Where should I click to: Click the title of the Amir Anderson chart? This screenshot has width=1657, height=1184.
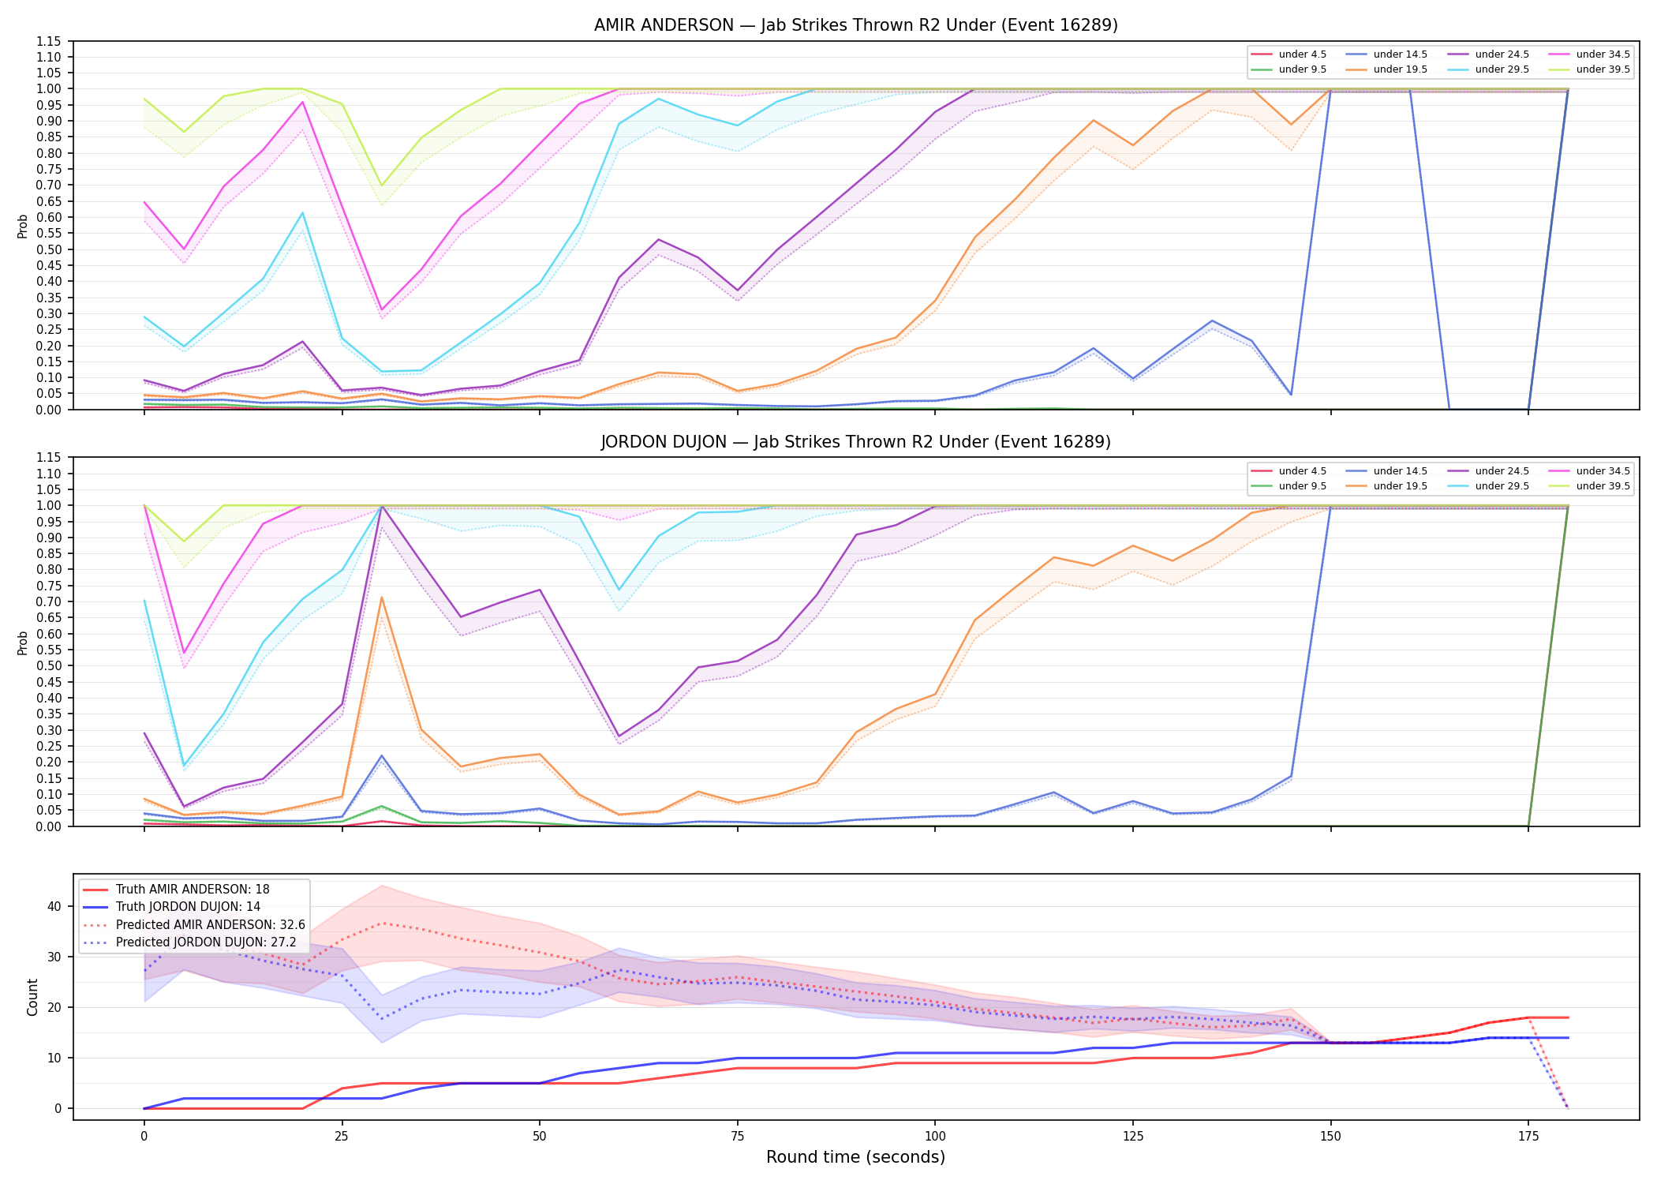coord(855,25)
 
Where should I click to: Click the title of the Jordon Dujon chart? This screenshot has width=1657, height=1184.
coord(855,442)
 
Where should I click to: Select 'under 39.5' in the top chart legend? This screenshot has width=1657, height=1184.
coord(1603,69)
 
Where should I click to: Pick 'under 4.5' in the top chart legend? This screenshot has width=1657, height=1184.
coord(1302,54)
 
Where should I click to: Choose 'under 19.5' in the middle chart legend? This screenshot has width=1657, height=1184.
coord(1400,486)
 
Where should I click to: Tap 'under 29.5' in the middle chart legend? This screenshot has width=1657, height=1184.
coord(1502,486)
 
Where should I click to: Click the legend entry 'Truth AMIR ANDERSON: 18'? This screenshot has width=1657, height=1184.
coord(193,890)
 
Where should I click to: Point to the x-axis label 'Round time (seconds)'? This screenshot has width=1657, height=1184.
coord(855,1157)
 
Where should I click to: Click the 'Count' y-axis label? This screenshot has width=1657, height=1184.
coord(32,997)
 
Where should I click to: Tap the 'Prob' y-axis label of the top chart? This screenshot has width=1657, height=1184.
coord(23,226)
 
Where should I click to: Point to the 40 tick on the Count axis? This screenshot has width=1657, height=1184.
coord(54,906)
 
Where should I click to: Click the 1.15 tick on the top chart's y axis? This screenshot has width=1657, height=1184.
coord(50,41)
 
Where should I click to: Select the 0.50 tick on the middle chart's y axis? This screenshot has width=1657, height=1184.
coord(50,665)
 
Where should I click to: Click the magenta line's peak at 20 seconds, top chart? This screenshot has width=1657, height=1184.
coord(302,101)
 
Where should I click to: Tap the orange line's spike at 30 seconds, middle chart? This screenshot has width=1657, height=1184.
coord(382,598)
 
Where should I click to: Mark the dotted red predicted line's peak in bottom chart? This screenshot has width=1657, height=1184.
coord(382,923)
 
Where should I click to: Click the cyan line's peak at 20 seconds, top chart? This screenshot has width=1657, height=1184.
coord(302,212)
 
